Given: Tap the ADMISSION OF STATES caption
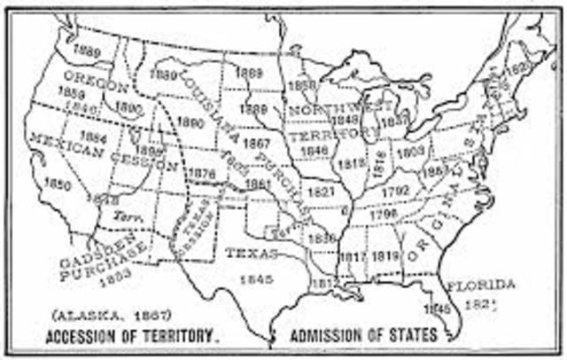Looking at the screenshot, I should [362, 335].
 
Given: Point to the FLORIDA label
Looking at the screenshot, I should [479, 285].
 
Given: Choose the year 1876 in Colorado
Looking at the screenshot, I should [203, 173].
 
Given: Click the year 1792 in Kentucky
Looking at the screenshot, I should [395, 191].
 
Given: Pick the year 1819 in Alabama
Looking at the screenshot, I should [383, 256].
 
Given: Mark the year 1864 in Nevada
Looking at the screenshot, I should [91, 137].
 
